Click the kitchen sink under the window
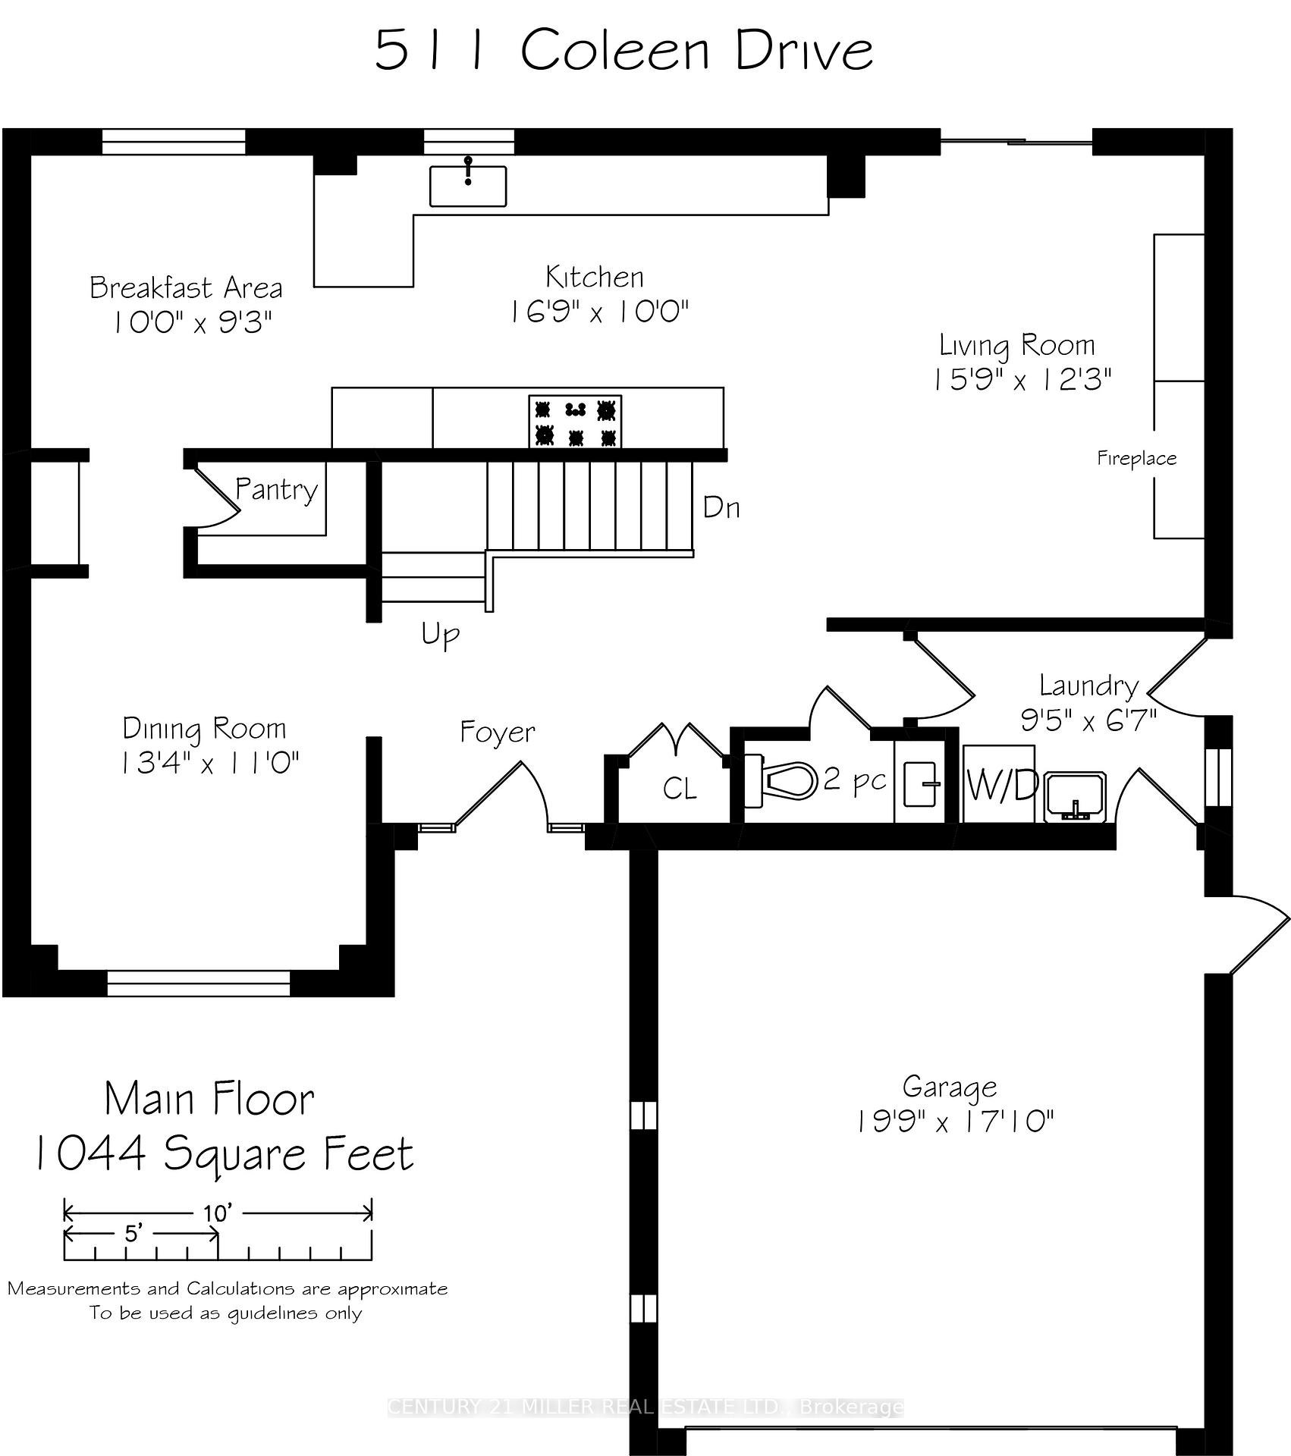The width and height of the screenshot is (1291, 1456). (x=468, y=186)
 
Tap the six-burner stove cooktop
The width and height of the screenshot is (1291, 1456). (x=575, y=422)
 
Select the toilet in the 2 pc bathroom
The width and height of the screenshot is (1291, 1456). (x=781, y=780)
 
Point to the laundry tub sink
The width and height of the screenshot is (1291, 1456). (x=1076, y=798)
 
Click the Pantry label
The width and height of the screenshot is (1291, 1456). (x=276, y=490)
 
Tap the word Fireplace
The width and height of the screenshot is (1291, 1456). (x=1136, y=458)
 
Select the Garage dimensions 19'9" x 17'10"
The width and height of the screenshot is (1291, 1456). (x=955, y=1121)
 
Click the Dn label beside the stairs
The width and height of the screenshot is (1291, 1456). (x=721, y=507)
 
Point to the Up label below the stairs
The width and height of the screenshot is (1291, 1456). (x=441, y=634)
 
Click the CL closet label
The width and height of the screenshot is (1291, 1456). (x=679, y=789)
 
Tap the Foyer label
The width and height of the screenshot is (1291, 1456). (x=498, y=733)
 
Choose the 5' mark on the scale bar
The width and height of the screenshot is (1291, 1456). (x=133, y=1234)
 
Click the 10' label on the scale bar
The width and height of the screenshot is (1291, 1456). (x=217, y=1213)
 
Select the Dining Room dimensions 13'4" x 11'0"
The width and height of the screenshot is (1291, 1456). (x=210, y=763)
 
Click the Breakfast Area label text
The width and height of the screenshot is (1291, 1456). (x=186, y=288)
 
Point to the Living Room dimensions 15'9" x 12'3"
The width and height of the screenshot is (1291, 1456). (x=1022, y=379)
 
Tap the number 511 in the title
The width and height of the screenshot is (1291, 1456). (x=429, y=52)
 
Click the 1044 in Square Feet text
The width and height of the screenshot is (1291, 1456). (x=90, y=1156)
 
